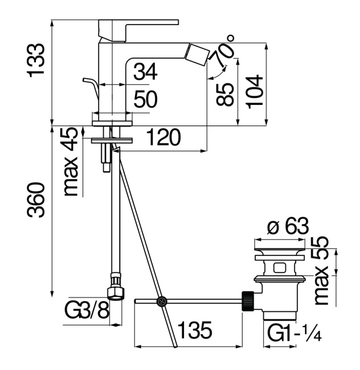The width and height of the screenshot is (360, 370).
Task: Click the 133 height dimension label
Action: click(38, 60)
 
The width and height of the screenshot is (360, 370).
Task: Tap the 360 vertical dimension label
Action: click(38, 199)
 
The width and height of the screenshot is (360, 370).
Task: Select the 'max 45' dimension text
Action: click(71, 162)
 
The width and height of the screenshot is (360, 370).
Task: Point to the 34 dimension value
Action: click(145, 72)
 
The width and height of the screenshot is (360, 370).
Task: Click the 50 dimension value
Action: click(145, 100)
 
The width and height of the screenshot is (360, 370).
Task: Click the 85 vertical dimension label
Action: click(227, 94)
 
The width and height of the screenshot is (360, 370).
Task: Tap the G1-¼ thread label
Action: click(293, 331)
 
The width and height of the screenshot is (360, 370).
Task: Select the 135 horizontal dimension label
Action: click(195, 330)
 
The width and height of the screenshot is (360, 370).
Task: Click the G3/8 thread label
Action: click(86, 312)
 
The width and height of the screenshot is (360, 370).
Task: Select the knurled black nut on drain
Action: click(248, 300)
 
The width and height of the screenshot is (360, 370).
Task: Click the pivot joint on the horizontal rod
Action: click(162, 300)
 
